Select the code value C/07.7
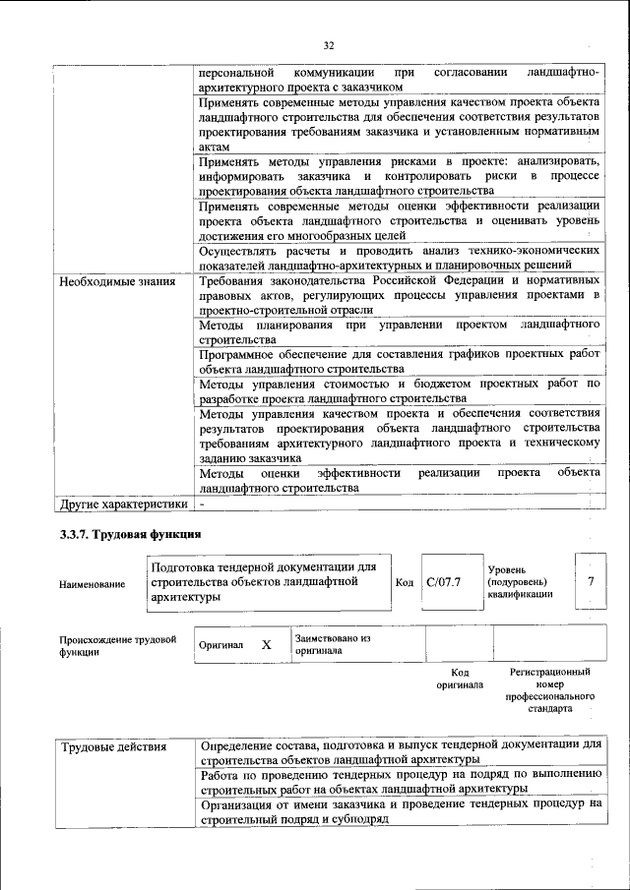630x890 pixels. click(444, 583)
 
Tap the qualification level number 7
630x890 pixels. click(590, 581)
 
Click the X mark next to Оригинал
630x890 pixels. click(266, 644)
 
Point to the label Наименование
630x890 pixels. click(93, 584)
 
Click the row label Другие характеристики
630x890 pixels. click(122, 504)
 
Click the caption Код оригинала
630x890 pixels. click(459, 678)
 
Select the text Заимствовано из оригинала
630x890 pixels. click(332, 644)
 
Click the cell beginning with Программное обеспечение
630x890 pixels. click(399, 361)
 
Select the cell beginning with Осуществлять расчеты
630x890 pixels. click(399, 258)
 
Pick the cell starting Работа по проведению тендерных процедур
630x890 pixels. click(399, 781)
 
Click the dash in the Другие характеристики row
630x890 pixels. click(203, 504)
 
